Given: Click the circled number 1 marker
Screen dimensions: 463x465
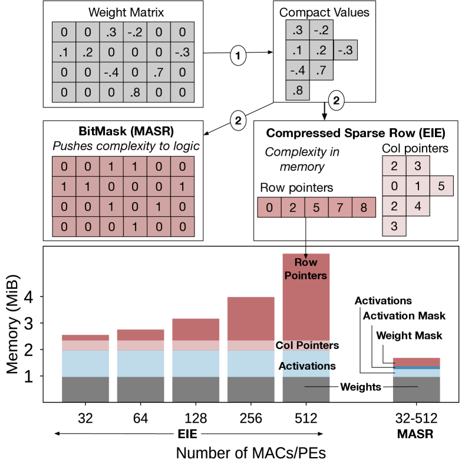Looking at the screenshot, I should tap(238, 56).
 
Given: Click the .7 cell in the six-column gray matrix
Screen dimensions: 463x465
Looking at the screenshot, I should tap(159, 74).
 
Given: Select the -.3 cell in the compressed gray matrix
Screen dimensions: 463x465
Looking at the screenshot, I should tap(344, 51).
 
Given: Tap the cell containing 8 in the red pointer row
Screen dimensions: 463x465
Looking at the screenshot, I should tap(364, 207).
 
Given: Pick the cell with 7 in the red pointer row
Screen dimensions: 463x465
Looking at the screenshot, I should tap(340, 207).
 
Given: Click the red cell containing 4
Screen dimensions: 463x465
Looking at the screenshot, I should tap(417, 207).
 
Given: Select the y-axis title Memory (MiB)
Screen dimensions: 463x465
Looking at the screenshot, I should tap(14, 325).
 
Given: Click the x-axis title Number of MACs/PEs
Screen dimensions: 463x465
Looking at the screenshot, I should tap(252, 452).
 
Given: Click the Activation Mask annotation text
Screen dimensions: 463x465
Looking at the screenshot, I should tap(404, 316).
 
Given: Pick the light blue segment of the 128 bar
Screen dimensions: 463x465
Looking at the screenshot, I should tap(196, 363).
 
